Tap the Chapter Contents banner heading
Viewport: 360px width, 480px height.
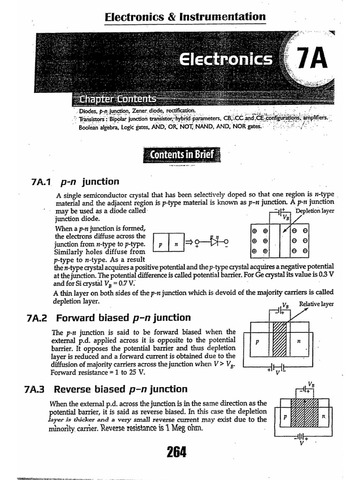(x=118, y=99)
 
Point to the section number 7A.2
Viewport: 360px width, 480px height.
(x=38, y=318)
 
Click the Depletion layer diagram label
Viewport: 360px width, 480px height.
(x=315, y=211)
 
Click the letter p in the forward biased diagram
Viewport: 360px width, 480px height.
(x=257, y=342)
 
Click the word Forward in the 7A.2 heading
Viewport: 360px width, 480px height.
(x=75, y=318)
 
